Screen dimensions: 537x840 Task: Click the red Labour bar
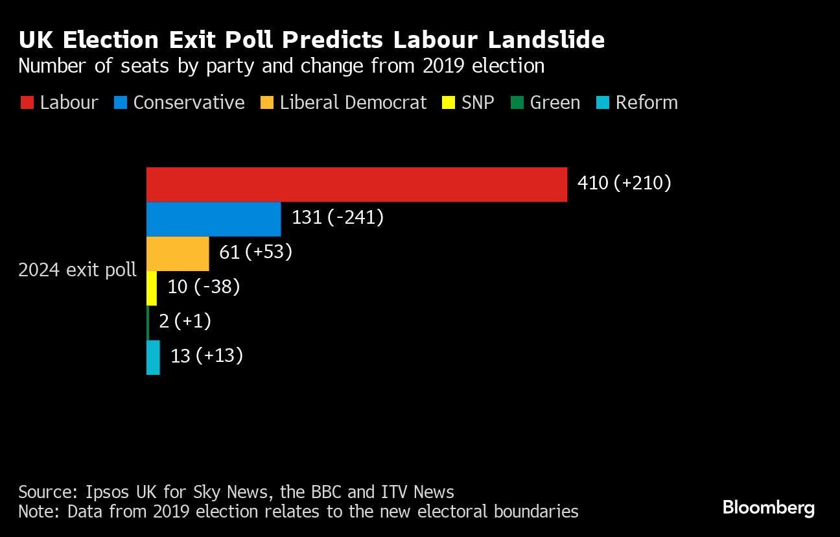point(356,185)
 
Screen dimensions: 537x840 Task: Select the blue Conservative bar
point(213,219)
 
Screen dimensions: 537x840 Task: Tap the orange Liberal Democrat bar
point(178,254)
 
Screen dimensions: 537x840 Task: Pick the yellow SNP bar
point(152,288)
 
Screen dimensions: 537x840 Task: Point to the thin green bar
point(148,322)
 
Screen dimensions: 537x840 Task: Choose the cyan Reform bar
point(153,357)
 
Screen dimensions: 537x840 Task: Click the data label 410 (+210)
point(624,184)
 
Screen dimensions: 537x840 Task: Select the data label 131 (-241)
point(338,218)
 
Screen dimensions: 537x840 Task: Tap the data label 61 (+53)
point(255,252)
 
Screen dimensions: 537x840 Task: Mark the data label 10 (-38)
point(204,287)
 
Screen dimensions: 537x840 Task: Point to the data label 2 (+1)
point(185,321)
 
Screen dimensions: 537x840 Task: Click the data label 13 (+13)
point(206,356)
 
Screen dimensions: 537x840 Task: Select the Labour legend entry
point(60,102)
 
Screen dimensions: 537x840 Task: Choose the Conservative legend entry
point(180,102)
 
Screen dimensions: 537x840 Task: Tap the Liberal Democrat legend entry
point(344,102)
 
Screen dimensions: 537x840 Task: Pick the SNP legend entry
point(467,102)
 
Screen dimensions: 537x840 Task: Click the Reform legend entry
point(636,102)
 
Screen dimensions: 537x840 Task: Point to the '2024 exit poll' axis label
point(77,270)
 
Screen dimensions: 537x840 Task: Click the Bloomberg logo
point(768,507)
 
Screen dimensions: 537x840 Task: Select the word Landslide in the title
point(546,40)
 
